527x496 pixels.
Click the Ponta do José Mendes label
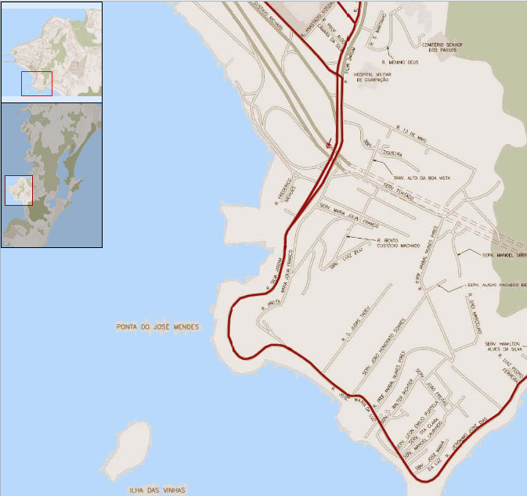[x=157, y=327]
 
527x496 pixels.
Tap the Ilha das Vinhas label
[x=157, y=491]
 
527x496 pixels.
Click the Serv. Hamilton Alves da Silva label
[x=503, y=348]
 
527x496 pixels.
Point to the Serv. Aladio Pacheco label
[x=496, y=286]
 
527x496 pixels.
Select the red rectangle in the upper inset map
[x=37, y=84]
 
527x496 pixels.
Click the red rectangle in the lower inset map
[x=18, y=190]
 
